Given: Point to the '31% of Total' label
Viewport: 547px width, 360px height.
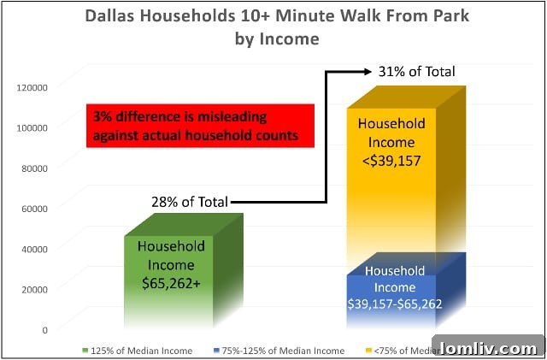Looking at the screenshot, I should point(418,71).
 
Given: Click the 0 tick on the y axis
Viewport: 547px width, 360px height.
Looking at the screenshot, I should point(45,328).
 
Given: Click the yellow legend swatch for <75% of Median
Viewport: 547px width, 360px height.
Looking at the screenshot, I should point(368,351).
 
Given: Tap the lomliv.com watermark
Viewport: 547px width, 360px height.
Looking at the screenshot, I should point(486,348).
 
